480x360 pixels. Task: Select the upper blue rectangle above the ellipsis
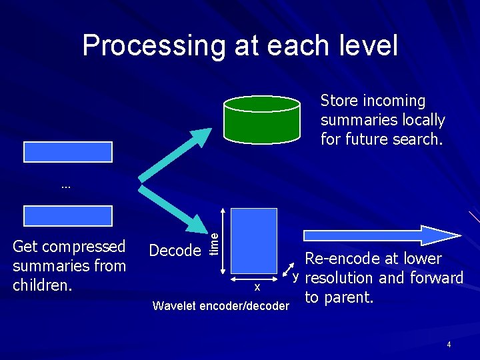click(x=68, y=152)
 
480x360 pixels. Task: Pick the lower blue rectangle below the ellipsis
click(x=68, y=215)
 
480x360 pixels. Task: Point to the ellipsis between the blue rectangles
click(x=65, y=187)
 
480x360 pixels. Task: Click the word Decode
click(x=175, y=251)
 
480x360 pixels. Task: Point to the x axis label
click(x=257, y=287)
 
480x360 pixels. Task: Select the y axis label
click(x=293, y=276)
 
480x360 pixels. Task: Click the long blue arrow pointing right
click(x=380, y=235)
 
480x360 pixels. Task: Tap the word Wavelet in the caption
click(x=175, y=306)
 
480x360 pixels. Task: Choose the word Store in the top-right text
click(x=338, y=101)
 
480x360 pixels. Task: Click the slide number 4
click(x=449, y=345)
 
